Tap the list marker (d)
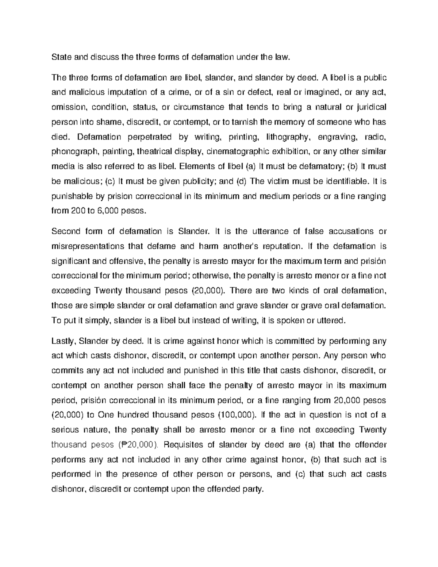(x=242, y=181)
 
